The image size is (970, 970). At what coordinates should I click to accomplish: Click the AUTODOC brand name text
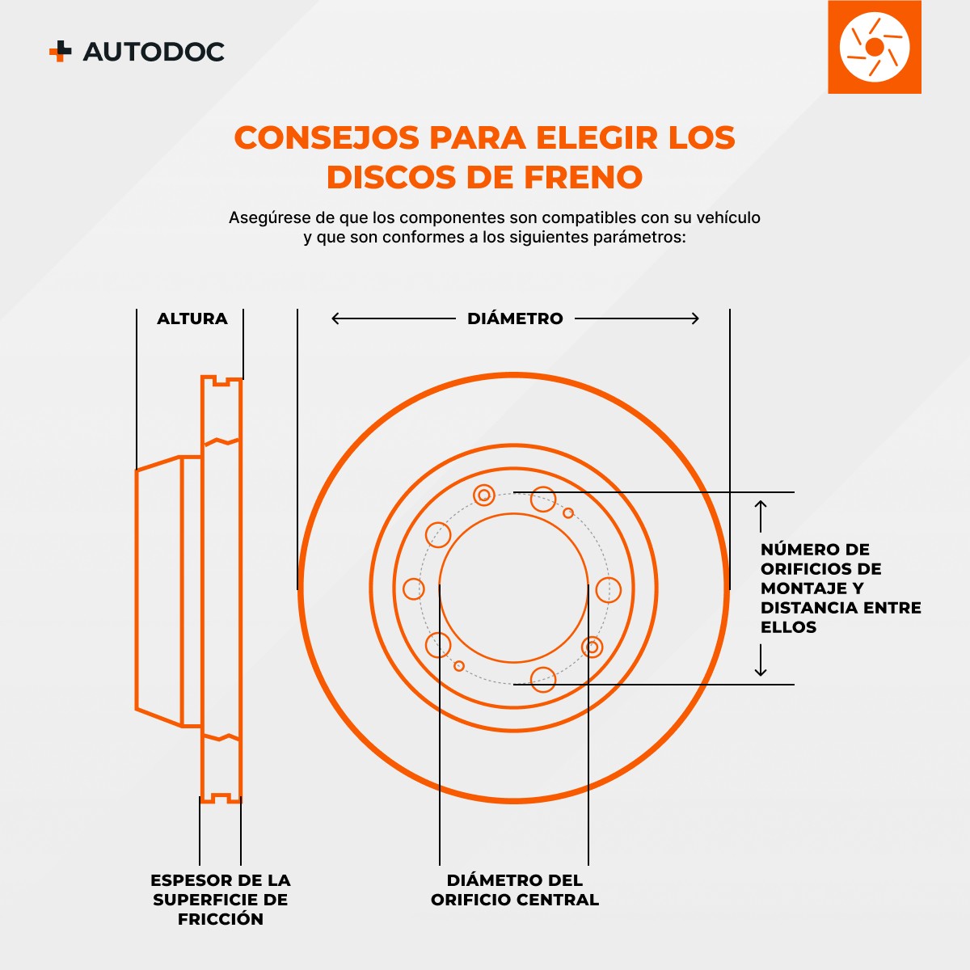[154, 52]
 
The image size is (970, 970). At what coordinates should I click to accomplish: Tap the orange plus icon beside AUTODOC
[60, 51]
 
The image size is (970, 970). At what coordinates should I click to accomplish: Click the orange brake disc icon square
[875, 48]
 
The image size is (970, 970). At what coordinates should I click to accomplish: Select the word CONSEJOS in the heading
[327, 137]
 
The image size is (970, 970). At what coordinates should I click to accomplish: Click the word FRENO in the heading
[583, 177]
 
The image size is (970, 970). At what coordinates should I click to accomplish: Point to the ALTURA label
[192, 318]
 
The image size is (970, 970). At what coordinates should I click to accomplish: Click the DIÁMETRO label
[515, 318]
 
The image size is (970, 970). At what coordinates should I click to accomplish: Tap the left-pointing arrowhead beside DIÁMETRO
[335, 318]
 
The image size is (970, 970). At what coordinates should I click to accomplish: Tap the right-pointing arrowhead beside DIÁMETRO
[694, 318]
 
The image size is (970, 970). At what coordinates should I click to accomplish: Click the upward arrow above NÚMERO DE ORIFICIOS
[760, 516]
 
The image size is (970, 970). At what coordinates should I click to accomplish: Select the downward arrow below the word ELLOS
[760, 660]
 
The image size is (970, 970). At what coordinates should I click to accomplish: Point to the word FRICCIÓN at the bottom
[221, 919]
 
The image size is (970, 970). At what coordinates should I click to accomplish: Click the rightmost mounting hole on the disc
[608, 589]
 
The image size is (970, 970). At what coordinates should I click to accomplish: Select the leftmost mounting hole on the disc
[414, 589]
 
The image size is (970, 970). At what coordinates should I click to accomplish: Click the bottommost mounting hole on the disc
[543, 679]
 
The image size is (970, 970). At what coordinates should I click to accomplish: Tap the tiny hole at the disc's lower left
[458, 666]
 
